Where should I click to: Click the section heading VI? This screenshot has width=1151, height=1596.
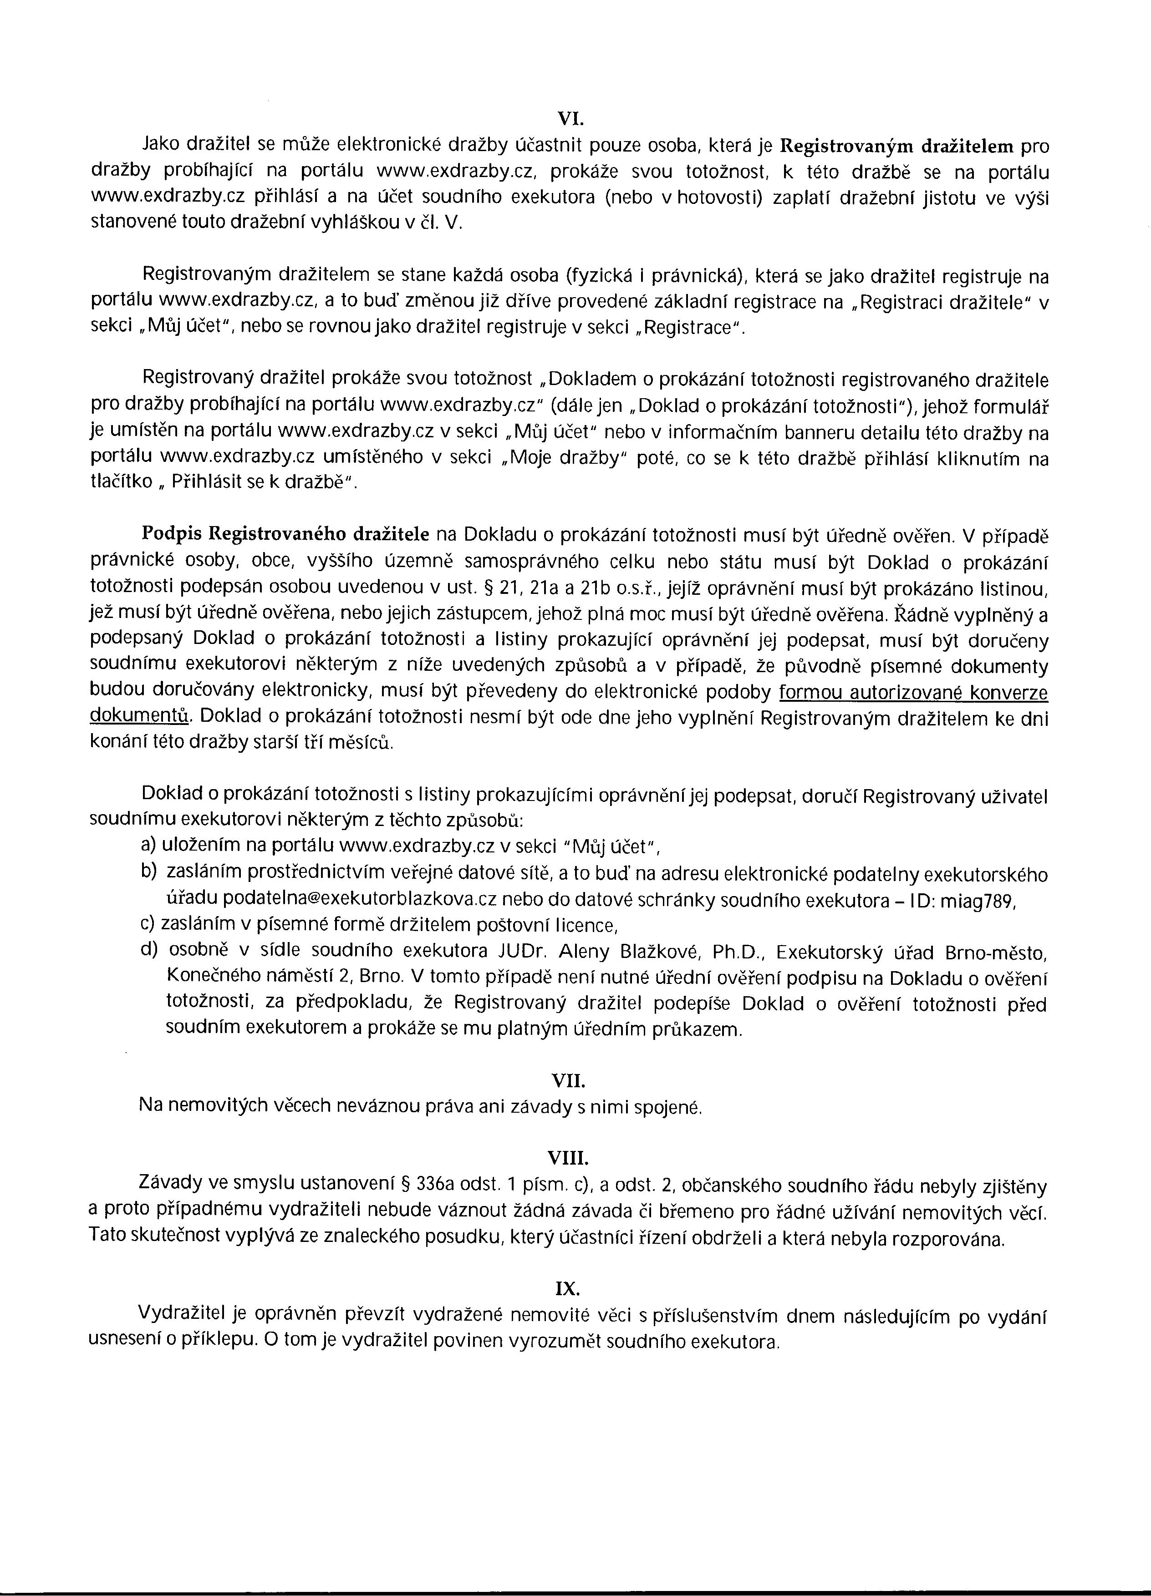point(567,121)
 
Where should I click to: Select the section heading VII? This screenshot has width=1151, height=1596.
point(567,1080)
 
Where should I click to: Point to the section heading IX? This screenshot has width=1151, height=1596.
point(567,1288)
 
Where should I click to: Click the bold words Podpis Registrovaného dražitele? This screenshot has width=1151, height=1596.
point(286,535)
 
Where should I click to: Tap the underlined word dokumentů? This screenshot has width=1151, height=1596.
point(140,716)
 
